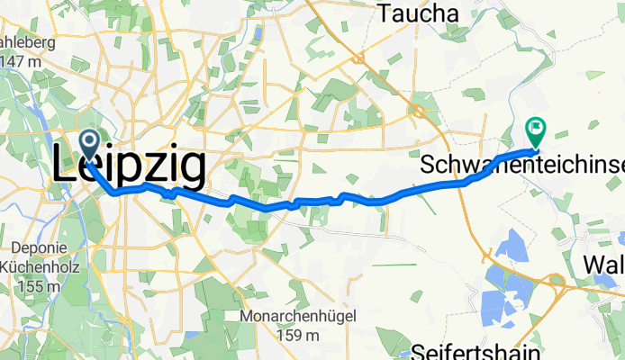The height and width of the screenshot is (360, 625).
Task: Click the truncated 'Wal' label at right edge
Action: [603, 265]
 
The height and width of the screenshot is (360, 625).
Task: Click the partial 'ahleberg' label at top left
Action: [28, 42]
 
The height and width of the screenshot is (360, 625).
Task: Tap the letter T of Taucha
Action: [385, 13]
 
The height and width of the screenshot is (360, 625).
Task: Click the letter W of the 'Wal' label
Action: [594, 265]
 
